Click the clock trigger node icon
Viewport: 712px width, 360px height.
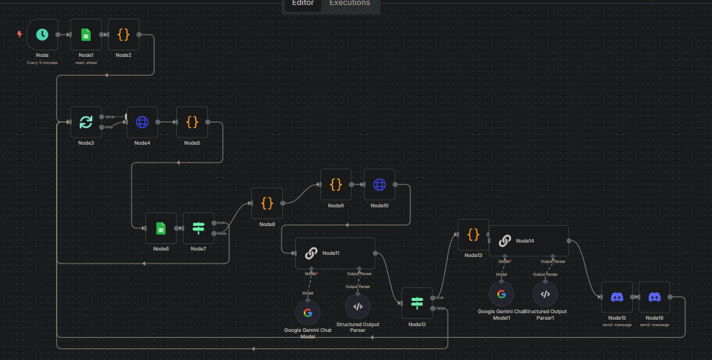pos(42,34)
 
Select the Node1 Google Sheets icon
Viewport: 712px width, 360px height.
pos(86,34)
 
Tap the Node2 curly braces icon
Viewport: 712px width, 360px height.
pos(123,34)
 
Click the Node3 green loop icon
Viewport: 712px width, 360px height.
pos(86,122)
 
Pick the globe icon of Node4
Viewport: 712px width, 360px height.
pos(142,122)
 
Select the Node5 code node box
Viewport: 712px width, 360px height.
pos(192,122)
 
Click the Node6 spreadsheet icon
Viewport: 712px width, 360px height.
pos(161,228)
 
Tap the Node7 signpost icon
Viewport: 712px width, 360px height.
pos(199,228)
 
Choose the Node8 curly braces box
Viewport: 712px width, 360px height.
pos(267,203)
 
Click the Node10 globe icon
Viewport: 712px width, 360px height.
pos(379,184)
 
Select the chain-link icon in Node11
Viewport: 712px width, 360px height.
pos(311,253)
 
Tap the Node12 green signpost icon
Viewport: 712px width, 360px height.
pos(416,303)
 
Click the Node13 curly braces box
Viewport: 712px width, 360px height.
pos(473,234)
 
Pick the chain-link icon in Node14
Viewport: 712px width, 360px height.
pos(505,240)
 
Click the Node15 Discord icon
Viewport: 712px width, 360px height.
pos(617,297)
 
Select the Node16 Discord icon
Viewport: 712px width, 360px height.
pos(654,297)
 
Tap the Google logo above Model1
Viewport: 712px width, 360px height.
pos(501,293)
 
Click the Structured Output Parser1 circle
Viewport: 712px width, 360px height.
pos(545,293)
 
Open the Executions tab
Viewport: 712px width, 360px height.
pos(349,3)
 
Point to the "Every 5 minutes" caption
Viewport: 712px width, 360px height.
pos(42,63)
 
